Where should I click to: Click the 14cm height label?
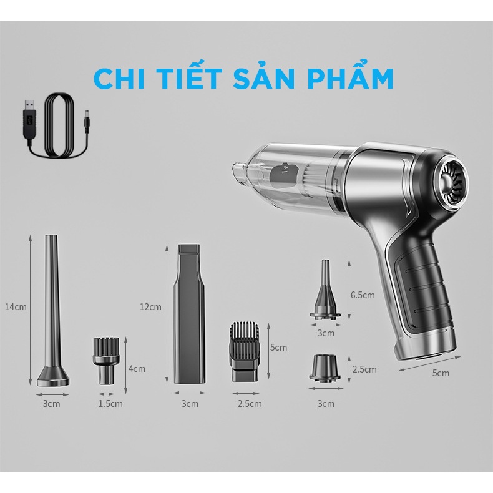(16, 306)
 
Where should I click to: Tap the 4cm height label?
(137, 368)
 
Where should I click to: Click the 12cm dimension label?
(150, 306)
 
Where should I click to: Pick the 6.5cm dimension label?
(363, 295)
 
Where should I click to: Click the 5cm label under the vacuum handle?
(441, 373)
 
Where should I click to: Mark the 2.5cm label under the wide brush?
(250, 403)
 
